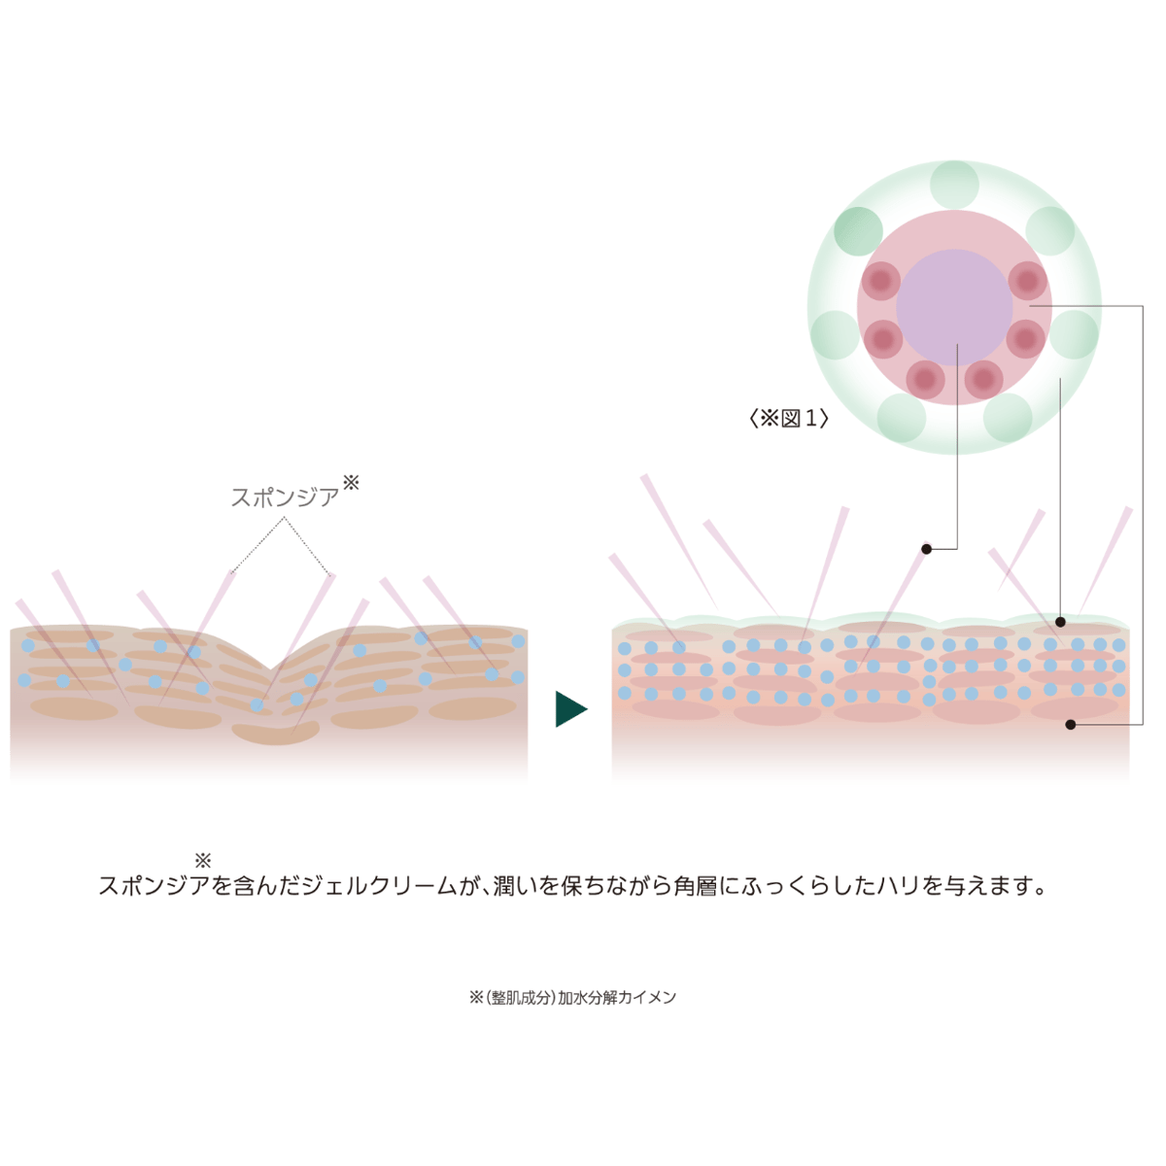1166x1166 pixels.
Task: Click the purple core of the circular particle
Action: click(954, 307)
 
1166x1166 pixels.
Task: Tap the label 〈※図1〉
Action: click(788, 418)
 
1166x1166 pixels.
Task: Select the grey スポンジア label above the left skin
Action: click(285, 497)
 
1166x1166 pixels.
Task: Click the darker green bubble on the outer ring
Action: click(858, 231)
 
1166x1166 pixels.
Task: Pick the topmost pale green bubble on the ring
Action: click(954, 186)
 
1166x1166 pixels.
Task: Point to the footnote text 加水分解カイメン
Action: click(617, 997)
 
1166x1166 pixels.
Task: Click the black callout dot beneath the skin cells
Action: click(1071, 724)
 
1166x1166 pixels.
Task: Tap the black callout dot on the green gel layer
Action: click(1060, 622)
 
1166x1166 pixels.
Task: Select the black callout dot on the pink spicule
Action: click(926, 549)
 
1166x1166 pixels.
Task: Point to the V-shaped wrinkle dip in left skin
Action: click(270, 668)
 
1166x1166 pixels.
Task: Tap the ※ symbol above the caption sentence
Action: click(203, 860)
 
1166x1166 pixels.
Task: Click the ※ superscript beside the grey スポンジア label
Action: click(351, 482)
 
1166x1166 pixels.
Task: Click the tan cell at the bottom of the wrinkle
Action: click(276, 734)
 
